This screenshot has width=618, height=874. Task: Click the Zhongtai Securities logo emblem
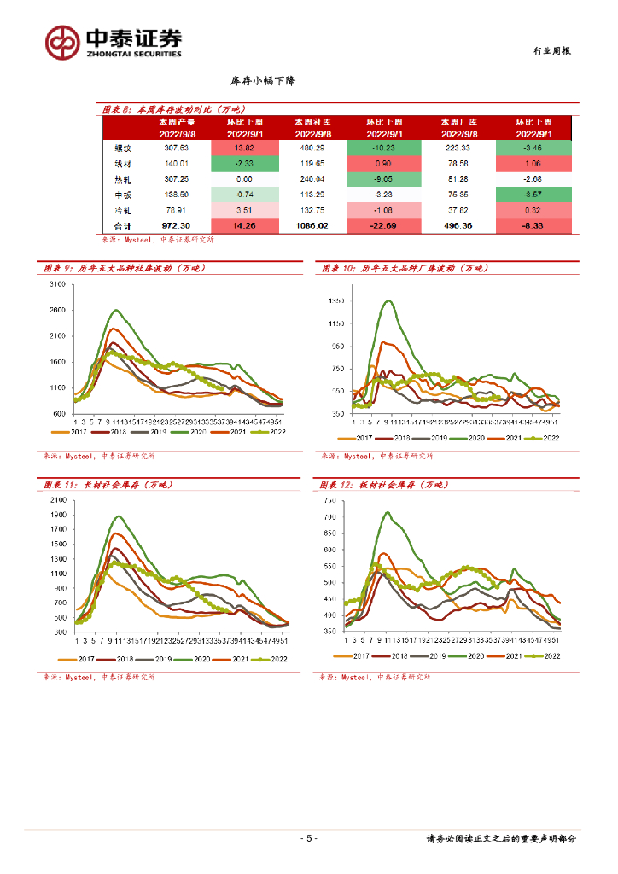(x=62, y=41)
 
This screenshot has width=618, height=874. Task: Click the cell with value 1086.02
(x=310, y=226)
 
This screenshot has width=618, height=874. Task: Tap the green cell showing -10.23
(x=383, y=148)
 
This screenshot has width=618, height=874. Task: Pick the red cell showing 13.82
(x=246, y=148)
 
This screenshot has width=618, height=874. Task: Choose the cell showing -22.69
(x=383, y=226)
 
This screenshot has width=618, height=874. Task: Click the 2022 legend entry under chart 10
(x=544, y=438)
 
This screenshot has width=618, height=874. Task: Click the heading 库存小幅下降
(x=263, y=80)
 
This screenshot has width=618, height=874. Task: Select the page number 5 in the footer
(x=310, y=839)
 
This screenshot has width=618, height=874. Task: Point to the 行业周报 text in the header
(x=546, y=51)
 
